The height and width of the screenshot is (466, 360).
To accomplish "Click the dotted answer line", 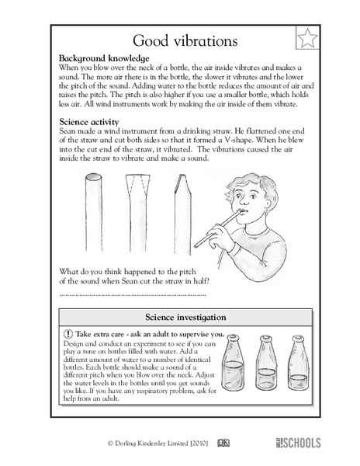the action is point(132,294).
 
